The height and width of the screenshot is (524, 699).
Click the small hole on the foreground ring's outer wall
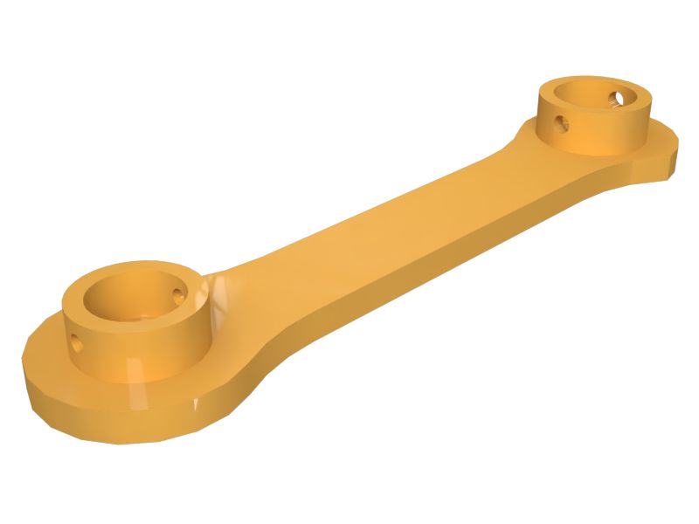tap(77, 341)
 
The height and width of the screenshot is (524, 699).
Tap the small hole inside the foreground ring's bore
tap(181, 294)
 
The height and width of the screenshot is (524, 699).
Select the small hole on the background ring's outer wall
tap(562, 123)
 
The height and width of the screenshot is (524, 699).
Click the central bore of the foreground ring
tap(131, 306)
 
